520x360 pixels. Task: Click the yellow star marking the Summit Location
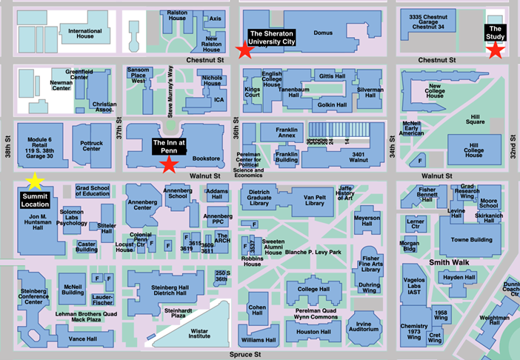(34, 181)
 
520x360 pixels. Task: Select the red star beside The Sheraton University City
(243, 50)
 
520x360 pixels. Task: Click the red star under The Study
(496, 50)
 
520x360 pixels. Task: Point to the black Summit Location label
(35, 199)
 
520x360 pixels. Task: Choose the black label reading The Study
(496, 32)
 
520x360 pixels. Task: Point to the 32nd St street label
(512, 133)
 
